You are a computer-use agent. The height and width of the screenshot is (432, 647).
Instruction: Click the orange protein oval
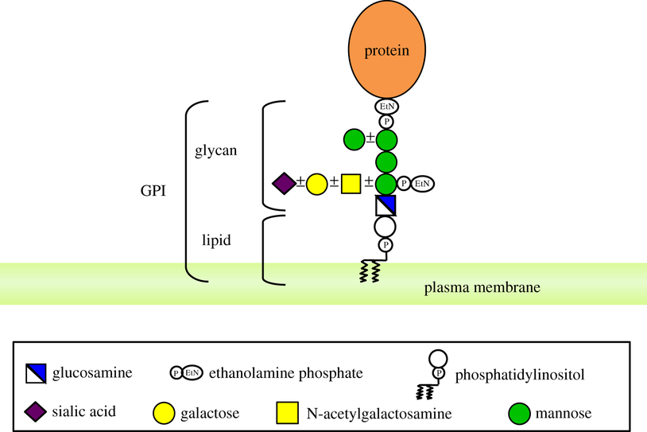pos(386,52)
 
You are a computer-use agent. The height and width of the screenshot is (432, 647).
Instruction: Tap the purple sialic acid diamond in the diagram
pos(284,184)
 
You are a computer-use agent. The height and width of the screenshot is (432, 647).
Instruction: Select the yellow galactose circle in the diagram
pos(316,184)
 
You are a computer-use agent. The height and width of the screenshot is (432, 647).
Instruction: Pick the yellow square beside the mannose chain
pos(351,184)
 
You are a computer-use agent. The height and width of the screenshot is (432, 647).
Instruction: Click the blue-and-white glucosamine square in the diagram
pos(386,206)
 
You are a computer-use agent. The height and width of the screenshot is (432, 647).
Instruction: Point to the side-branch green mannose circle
pos(354,141)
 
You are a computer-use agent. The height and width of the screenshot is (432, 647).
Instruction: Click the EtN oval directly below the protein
pos(386,106)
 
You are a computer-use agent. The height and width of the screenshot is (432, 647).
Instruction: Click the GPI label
pos(151,192)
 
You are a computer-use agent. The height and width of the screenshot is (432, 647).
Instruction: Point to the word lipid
pos(216,238)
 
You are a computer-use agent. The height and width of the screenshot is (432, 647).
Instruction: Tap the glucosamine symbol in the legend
pos(36,372)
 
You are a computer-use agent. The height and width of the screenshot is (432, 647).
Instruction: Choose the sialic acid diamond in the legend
pos(36,411)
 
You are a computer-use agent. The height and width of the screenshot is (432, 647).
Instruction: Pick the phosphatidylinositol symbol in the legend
pos(433,374)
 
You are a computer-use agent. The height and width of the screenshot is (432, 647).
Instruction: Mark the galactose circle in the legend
pos(163,412)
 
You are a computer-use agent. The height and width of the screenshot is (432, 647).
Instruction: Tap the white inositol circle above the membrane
pos(386,227)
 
